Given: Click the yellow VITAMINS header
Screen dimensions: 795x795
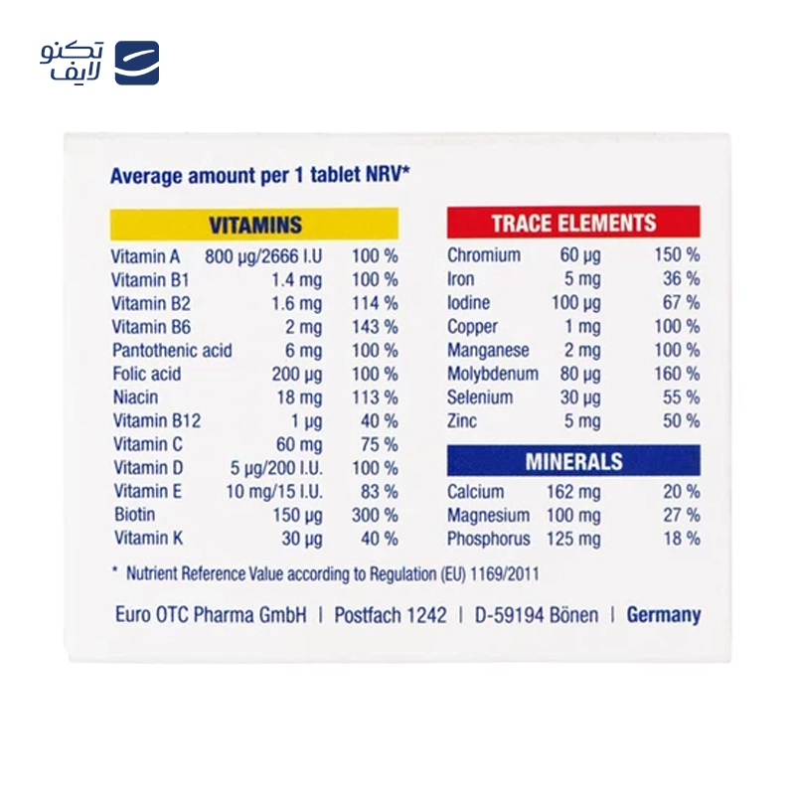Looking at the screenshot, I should coord(254,225).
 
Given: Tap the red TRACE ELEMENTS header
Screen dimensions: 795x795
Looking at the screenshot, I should coord(573,223).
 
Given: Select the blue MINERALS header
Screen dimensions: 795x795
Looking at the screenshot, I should coord(573,461).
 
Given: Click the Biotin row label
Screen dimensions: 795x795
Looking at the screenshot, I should coord(134,515).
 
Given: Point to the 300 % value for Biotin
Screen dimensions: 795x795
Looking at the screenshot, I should coord(375,515).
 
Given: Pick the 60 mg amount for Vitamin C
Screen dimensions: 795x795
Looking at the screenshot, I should coord(299,444).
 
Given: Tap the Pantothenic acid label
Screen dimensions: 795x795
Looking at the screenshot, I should coord(172,350).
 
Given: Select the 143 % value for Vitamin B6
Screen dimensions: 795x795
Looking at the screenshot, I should coord(375,326).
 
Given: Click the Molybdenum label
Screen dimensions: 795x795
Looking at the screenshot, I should coord(493,374).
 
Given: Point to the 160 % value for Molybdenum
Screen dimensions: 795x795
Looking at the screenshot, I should coord(677,374).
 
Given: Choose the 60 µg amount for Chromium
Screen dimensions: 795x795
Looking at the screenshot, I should coord(580,254).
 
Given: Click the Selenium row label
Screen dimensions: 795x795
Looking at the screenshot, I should coord(480,397).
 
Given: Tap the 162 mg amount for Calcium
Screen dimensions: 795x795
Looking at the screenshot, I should coord(573,491).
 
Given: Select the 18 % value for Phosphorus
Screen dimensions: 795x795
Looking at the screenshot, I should coord(681,539).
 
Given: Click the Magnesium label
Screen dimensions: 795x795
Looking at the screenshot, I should coord(489,515).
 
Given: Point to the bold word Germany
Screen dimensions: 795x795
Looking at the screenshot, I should coord(663,614).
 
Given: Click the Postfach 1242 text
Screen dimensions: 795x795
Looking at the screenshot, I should coord(391,614).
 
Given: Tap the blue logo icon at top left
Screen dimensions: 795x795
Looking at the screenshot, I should coord(137,63).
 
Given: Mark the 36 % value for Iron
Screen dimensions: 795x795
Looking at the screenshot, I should coord(681,278).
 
